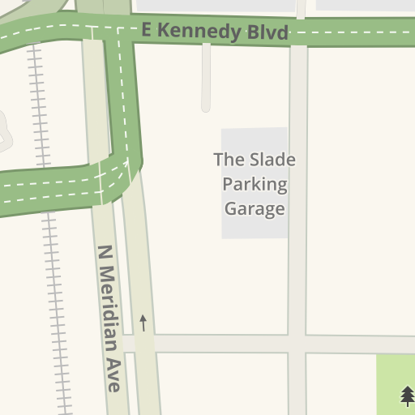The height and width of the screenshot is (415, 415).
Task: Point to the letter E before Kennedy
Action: tap(147, 30)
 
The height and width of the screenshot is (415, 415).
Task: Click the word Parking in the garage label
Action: tap(255, 184)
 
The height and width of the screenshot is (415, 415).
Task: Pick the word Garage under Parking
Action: tap(255, 208)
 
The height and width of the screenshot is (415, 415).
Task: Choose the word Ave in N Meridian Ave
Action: tap(113, 378)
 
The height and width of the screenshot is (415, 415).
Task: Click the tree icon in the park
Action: tap(407, 395)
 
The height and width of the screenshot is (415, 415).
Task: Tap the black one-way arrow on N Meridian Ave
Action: tap(143, 323)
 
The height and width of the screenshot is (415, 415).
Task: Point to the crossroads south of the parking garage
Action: tap(297, 344)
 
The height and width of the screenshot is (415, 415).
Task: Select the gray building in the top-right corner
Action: tap(365, 5)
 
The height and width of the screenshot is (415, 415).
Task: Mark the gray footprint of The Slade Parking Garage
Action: tap(255, 227)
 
